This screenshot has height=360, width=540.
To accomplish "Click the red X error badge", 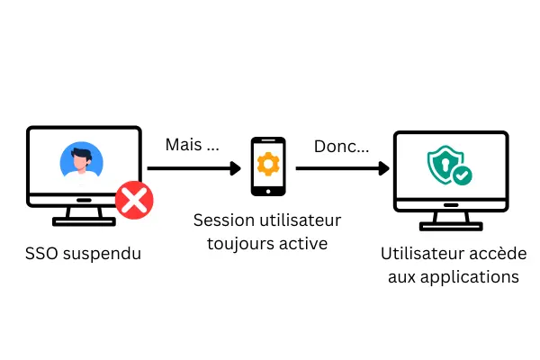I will click(134, 200).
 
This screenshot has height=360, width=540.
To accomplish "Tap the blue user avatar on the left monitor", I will click(81, 161).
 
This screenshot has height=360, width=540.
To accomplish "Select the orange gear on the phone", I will click(267, 164).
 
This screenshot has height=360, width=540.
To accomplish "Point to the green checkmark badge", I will click(462, 175).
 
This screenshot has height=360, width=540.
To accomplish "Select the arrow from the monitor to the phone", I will click(193, 167).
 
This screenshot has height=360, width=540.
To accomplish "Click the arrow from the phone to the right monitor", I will click(342, 167).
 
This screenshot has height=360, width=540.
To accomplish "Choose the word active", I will click(301, 242).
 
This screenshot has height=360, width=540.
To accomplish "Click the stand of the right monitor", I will click(450, 217).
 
